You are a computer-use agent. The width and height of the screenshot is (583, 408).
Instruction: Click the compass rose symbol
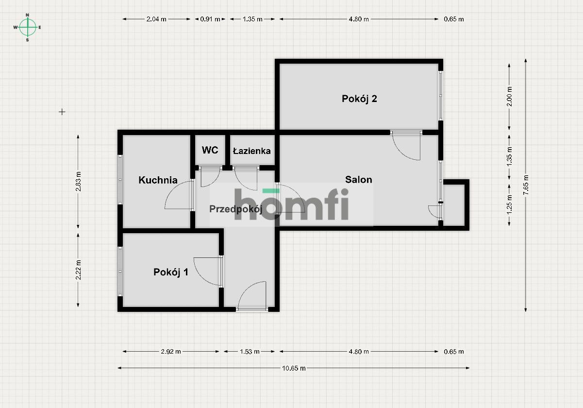(28, 27)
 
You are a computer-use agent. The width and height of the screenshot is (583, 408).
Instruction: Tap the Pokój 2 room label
(360, 99)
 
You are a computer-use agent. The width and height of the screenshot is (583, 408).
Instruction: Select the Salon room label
(359, 180)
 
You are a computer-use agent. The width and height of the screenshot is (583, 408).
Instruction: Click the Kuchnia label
(158, 180)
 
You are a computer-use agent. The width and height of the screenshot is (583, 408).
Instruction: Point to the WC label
(210, 151)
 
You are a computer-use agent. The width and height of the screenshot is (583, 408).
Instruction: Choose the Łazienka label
(251, 151)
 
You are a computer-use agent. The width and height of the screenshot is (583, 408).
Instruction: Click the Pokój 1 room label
(171, 272)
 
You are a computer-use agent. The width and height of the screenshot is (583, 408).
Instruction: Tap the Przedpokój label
(236, 209)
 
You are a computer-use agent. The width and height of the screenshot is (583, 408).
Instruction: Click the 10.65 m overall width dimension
(294, 368)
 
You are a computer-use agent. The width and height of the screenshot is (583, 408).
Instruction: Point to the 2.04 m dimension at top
(156, 19)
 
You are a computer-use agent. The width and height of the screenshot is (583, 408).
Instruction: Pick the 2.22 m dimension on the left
(79, 270)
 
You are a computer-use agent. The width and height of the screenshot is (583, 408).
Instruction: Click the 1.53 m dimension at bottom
(250, 352)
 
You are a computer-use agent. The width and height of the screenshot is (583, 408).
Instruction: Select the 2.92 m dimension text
(171, 352)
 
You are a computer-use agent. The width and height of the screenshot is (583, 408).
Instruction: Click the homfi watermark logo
(291, 204)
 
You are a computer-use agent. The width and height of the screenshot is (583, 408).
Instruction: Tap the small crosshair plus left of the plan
(62, 112)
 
